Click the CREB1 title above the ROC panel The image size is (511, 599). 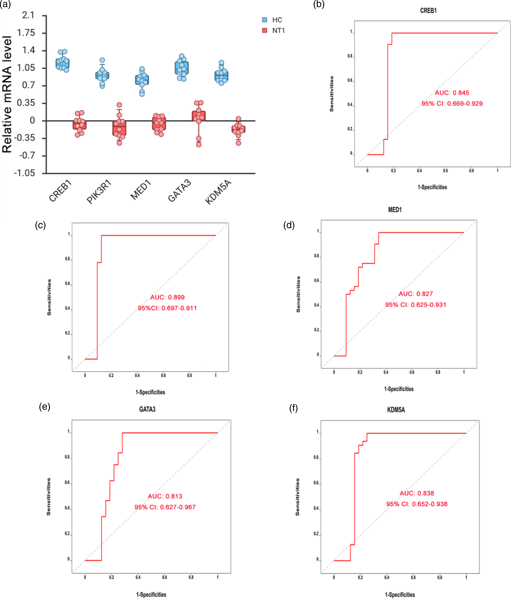point(428,11)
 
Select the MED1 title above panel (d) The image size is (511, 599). point(395,210)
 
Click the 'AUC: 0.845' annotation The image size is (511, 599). point(452,93)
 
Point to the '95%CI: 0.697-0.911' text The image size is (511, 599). point(167,308)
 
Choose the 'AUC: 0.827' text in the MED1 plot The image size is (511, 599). point(416,294)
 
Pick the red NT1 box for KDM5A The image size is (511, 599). point(238,129)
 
